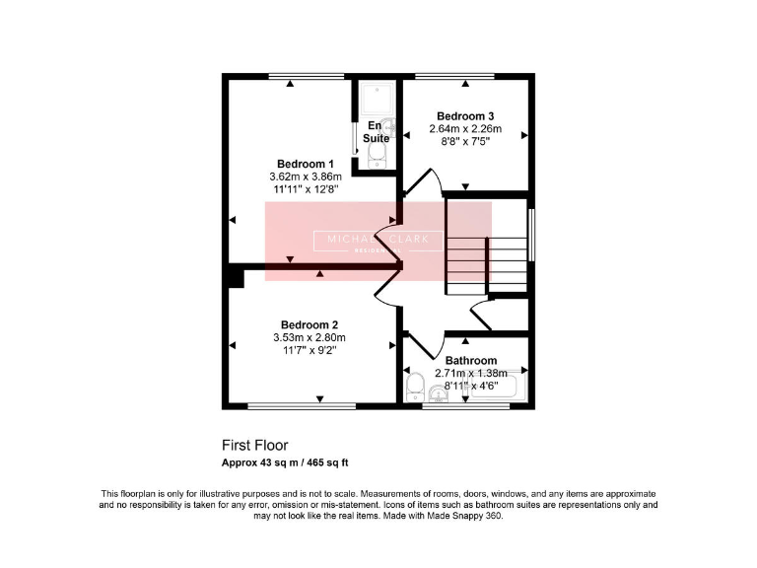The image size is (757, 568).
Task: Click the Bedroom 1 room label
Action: coord(306,164)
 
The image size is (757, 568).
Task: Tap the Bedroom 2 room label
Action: coord(310,325)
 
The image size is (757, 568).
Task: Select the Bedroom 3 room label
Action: coord(465,116)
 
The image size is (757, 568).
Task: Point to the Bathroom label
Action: coord(470,361)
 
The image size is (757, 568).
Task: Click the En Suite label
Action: coord(377,133)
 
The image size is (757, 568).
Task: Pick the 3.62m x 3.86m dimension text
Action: coord(305,177)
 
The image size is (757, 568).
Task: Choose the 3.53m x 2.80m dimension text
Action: coord(310,338)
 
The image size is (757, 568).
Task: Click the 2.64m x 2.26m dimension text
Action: coord(465,129)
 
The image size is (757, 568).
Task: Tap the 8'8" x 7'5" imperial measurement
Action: coord(465,142)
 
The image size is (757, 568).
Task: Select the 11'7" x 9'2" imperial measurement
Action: coord(310,351)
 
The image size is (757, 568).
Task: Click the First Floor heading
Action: coord(254,446)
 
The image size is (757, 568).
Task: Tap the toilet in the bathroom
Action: coord(415,385)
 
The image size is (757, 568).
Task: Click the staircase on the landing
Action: coord(488,247)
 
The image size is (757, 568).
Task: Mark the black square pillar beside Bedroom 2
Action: coord(234,276)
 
